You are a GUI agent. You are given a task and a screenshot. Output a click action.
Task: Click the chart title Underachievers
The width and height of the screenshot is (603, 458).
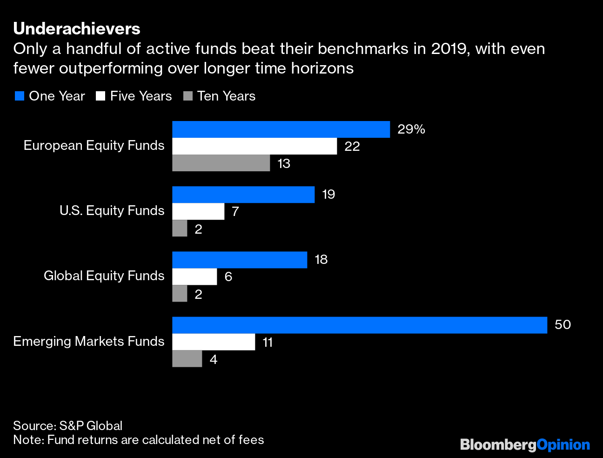coord(77,29)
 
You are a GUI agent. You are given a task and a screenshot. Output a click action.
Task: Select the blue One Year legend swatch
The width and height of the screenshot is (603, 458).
coord(19,96)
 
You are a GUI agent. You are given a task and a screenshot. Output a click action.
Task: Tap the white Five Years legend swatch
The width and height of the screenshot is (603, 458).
coord(100,96)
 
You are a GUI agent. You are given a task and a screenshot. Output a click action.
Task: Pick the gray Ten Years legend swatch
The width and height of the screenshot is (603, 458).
coord(188,96)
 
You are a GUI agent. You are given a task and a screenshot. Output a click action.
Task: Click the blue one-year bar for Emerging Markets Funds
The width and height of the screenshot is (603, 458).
coord(359,325)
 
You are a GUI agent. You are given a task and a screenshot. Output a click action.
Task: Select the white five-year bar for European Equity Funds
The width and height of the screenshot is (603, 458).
coord(255,146)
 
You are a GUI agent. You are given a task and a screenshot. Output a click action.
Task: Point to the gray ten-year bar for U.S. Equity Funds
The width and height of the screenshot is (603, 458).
coord(180,229)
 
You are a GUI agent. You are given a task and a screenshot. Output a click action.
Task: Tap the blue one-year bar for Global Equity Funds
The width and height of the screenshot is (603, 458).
coord(240,260)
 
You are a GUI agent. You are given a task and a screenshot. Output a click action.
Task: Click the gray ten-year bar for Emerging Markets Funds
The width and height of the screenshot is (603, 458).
coord(187,359)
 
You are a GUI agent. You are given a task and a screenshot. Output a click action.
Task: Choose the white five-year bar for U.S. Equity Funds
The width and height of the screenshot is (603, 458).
coord(198,211)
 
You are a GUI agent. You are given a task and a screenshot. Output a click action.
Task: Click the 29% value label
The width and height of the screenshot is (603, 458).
coord(411,129)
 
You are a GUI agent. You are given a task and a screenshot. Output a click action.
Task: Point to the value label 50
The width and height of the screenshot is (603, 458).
coord(563,325)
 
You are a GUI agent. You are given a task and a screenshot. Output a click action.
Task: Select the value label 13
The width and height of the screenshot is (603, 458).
coord(284,164)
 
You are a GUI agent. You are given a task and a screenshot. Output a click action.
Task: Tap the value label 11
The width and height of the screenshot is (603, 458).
coord(268,343)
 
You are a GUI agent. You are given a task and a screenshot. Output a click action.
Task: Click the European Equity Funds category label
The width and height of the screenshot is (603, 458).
coord(94,146)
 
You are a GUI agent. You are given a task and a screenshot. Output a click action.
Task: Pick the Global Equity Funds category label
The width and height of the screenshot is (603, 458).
coord(104,276)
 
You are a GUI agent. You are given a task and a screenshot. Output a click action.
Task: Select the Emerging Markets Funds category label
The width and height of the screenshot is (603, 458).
coord(89,342)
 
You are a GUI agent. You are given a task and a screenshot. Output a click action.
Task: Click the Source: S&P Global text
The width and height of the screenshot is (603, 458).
coord(68,425)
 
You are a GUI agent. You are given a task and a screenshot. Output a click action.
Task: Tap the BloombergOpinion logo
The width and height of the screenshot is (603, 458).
coord(525,445)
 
